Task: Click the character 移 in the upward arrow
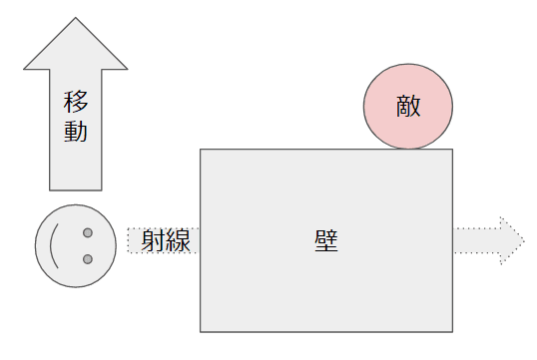[x=76, y=103]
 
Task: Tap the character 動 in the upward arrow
[x=76, y=131]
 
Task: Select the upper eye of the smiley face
[x=88, y=233]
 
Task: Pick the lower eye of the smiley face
[x=88, y=260]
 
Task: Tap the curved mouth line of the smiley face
[x=56, y=246]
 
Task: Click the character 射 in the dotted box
[x=153, y=240]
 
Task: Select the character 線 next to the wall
[x=180, y=240]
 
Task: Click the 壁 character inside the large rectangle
[x=325, y=240]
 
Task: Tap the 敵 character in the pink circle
[x=407, y=107]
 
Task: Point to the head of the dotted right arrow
[x=511, y=240]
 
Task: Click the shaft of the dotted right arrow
[x=477, y=240]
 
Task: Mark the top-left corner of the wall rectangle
[x=201, y=150]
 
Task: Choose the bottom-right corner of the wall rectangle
[x=452, y=331]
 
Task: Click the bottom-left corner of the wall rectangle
[x=201, y=331]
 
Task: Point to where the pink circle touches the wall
[x=407, y=150]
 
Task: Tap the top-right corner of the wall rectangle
[x=452, y=150]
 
